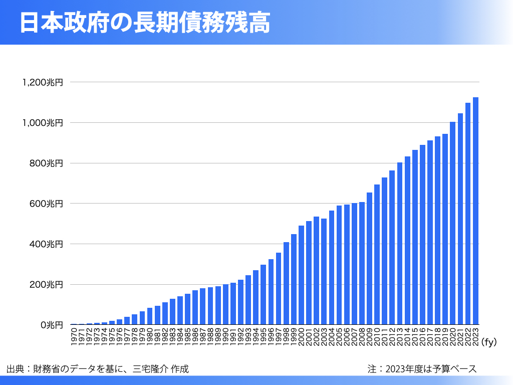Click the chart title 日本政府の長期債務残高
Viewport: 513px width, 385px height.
tap(145, 23)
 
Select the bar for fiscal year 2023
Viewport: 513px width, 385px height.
tap(475, 211)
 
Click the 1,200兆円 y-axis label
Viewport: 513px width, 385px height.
tap(43, 82)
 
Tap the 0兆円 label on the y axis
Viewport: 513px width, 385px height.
tap(52, 325)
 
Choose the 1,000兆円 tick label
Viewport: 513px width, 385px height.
tap(43, 123)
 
